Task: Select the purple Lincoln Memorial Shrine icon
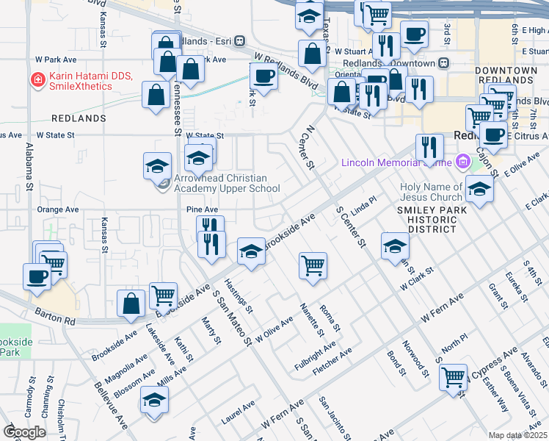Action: (x=462, y=161)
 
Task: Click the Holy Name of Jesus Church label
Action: (x=432, y=191)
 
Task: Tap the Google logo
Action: (x=24, y=432)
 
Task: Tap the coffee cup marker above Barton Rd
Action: (x=37, y=277)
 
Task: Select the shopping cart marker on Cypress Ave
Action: (x=454, y=376)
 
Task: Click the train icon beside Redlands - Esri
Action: (x=240, y=41)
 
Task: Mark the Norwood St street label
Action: (x=415, y=354)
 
